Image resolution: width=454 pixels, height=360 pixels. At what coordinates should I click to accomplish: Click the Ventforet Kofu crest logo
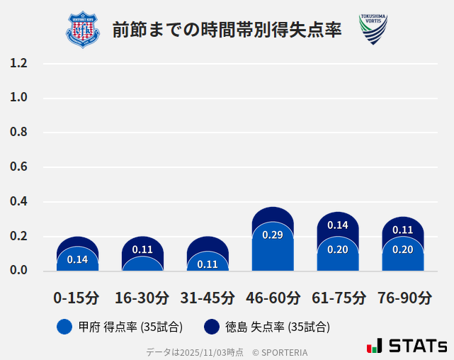(83, 30)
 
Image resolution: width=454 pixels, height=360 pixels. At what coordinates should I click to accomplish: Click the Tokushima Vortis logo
(373, 30)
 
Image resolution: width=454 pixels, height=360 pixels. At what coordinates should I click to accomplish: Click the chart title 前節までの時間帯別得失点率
(227, 30)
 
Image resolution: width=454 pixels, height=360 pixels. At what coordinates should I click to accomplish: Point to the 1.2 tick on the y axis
(19, 63)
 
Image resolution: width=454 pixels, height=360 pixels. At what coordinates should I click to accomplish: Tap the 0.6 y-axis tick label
(19, 167)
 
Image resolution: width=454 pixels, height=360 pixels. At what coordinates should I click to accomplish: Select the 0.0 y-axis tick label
(19, 271)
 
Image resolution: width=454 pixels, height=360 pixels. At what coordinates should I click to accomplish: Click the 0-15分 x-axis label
(77, 298)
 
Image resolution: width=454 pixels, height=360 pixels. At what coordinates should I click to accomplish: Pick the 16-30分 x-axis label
(142, 298)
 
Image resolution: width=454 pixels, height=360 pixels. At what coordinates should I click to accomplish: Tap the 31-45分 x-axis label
(208, 298)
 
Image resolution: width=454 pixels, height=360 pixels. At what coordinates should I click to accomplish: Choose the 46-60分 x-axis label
(273, 298)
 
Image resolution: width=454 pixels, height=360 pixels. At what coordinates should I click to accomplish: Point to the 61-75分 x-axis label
(338, 298)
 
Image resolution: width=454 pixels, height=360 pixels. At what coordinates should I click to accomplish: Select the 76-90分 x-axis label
(403, 298)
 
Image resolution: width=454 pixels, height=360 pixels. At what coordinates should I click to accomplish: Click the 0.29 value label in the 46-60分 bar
(273, 235)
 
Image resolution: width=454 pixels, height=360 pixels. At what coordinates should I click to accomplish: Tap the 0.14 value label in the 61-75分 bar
(338, 225)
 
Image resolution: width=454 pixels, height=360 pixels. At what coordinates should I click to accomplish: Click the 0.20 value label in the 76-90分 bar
(403, 249)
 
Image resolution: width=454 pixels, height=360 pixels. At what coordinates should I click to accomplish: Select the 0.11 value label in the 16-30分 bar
(142, 249)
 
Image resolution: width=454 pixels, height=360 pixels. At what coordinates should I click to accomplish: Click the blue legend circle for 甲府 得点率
(64, 327)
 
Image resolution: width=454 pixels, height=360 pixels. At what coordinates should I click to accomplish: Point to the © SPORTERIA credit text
(280, 352)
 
